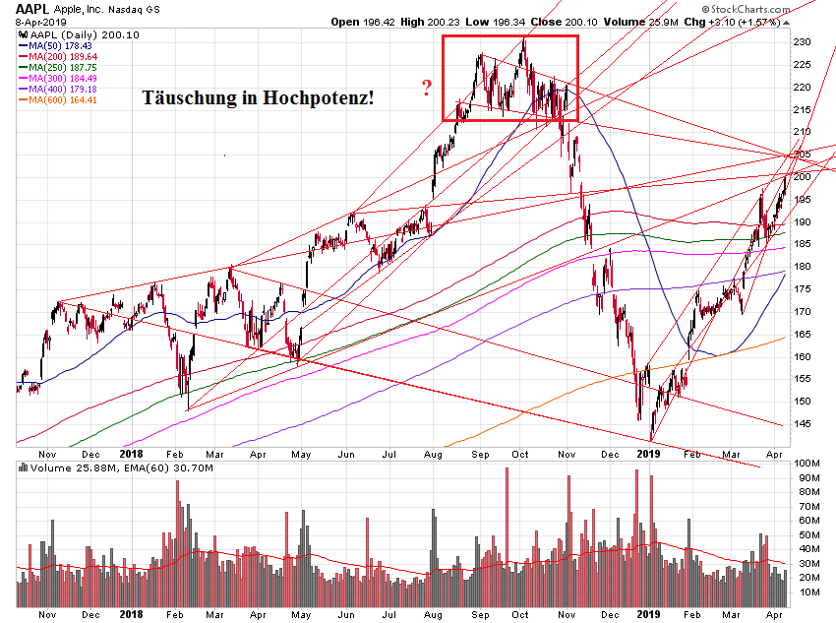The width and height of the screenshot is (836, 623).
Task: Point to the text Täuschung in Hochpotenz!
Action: click(258, 98)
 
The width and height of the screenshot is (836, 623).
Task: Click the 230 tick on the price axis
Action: click(805, 42)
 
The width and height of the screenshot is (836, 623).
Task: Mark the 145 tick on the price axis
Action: click(805, 424)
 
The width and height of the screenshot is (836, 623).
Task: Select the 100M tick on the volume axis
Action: click(808, 463)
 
